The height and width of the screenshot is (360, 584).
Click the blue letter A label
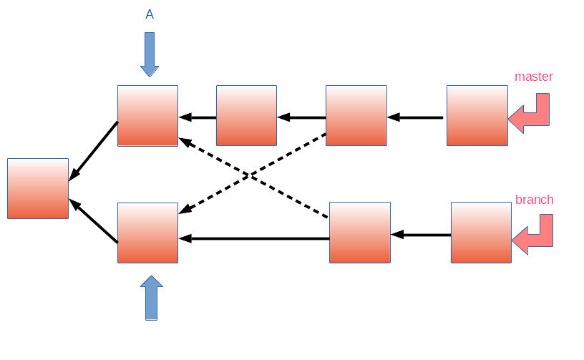(x=150, y=14)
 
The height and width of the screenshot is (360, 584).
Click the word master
(x=533, y=77)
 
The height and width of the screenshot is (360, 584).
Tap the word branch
(x=534, y=200)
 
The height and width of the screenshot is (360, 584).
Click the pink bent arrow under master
(x=531, y=115)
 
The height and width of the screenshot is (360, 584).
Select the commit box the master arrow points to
(x=477, y=116)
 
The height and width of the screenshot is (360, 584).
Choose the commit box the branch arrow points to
(x=481, y=233)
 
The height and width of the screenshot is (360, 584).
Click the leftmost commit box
(x=38, y=188)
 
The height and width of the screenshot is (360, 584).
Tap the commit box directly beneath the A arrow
(x=147, y=116)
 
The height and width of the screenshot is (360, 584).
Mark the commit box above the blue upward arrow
(x=147, y=233)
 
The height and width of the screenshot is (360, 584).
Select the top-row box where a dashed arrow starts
(x=356, y=116)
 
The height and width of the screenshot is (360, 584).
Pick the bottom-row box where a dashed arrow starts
(x=359, y=233)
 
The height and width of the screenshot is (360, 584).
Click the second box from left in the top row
(x=246, y=116)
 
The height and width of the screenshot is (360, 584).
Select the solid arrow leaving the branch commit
(x=421, y=235)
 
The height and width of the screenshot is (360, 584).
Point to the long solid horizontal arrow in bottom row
(x=254, y=238)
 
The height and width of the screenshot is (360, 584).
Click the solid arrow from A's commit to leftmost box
(x=93, y=151)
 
